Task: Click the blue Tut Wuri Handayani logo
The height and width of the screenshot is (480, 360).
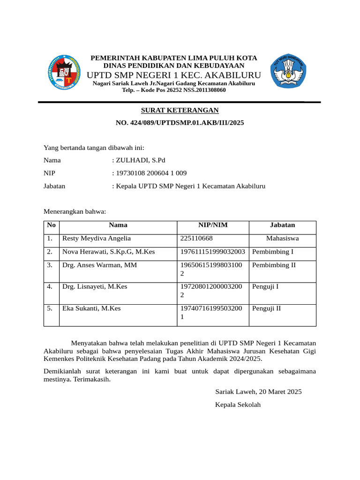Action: click(x=288, y=71)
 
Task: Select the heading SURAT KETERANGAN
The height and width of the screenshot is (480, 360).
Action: click(x=180, y=110)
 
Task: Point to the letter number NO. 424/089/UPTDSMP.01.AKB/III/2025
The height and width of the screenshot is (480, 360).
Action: click(x=180, y=123)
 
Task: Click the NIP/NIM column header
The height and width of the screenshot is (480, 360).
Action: click(x=213, y=225)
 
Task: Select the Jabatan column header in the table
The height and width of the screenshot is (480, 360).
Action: click(x=282, y=225)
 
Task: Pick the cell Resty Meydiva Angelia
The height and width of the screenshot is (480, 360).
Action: click(x=97, y=238)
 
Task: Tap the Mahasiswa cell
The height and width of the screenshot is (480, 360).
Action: click(x=282, y=238)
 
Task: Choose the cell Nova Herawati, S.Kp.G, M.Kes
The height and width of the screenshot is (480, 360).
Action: click(x=109, y=252)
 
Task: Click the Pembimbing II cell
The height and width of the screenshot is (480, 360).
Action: click(x=274, y=265)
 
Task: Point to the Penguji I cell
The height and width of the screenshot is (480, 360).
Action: click(x=265, y=286)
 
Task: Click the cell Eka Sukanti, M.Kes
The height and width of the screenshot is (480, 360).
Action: click(x=91, y=308)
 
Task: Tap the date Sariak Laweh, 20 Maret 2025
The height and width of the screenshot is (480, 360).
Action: click(x=258, y=391)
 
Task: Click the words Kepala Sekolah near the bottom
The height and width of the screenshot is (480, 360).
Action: click(x=238, y=405)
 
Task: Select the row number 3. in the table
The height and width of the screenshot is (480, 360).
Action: click(x=50, y=265)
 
